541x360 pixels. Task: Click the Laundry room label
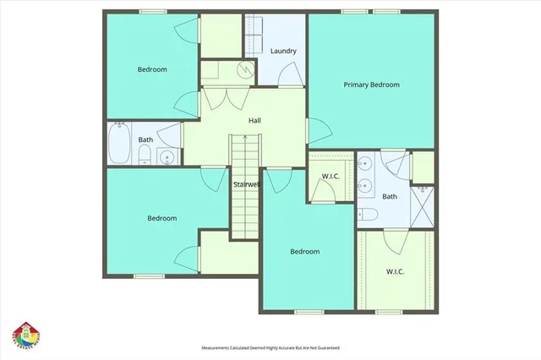[x=283, y=52]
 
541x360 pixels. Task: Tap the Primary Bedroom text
[x=371, y=85]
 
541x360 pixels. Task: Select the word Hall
[x=254, y=121]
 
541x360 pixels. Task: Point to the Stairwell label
[x=246, y=183]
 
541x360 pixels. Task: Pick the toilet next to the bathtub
[x=144, y=154]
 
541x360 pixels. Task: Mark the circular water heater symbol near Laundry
[x=244, y=71]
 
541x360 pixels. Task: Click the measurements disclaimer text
[x=270, y=347]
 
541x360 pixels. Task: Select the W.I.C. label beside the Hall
[x=331, y=177]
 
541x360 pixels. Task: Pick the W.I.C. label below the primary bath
[x=395, y=272]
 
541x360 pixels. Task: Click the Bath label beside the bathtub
[x=146, y=140]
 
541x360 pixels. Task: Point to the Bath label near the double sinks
[x=389, y=197]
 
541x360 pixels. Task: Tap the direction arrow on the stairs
[x=245, y=153]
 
